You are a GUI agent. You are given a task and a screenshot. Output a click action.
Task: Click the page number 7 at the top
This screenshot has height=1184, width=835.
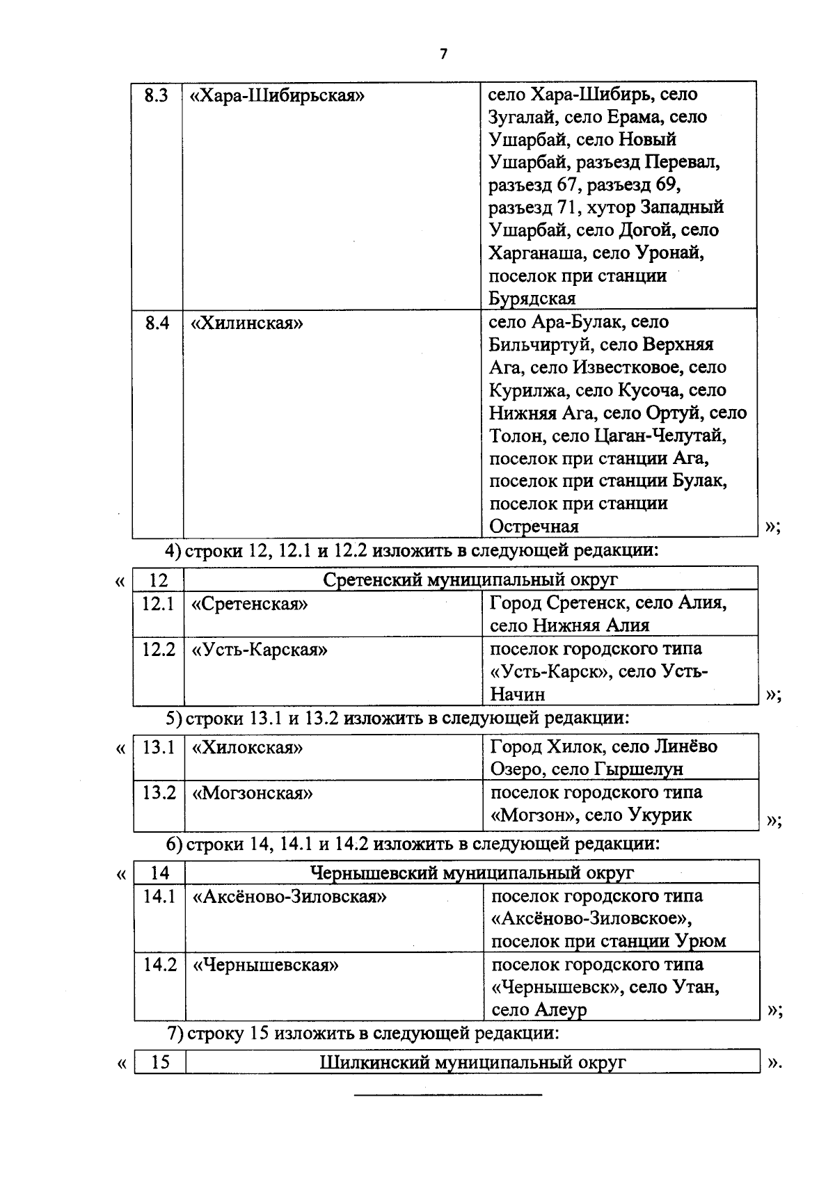[x=443, y=54]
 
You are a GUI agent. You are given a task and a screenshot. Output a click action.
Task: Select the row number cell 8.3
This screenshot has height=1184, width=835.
[x=157, y=95]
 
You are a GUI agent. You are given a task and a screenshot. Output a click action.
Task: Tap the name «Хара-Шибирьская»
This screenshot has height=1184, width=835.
[x=278, y=95]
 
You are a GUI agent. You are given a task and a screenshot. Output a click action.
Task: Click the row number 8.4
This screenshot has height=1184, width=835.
[x=157, y=323]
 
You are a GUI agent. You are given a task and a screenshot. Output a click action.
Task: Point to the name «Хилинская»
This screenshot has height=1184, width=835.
[x=248, y=323]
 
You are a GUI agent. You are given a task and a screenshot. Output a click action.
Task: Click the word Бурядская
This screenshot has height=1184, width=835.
[x=532, y=298]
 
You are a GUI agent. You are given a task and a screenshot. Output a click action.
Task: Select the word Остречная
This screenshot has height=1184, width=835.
[x=534, y=527]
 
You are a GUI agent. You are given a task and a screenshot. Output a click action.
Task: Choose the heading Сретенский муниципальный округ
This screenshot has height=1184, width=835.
[x=470, y=579]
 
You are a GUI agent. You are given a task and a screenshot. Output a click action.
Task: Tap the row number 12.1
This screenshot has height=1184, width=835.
[x=158, y=603]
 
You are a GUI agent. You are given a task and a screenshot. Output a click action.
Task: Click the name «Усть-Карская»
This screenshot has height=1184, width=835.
[x=259, y=650]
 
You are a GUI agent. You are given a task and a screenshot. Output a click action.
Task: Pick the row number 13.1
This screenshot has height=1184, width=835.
[x=159, y=748]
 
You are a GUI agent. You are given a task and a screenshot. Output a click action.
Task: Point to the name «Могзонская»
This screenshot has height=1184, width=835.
[x=252, y=793]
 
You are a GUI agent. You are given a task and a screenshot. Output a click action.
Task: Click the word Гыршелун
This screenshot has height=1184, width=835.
[x=637, y=769]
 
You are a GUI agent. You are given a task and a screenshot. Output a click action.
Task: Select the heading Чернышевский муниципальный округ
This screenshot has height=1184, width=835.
[x=472, y=872]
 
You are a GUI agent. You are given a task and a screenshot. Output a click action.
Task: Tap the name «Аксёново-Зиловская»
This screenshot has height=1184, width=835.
[x=289, y=897]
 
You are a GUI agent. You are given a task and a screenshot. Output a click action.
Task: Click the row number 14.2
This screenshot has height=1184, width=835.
[x=160, y=965]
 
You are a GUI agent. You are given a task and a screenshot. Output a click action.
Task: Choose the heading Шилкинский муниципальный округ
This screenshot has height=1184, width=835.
[x=472, y=1063]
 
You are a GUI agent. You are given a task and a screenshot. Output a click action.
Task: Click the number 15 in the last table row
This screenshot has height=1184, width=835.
[x=160, y=1063]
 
